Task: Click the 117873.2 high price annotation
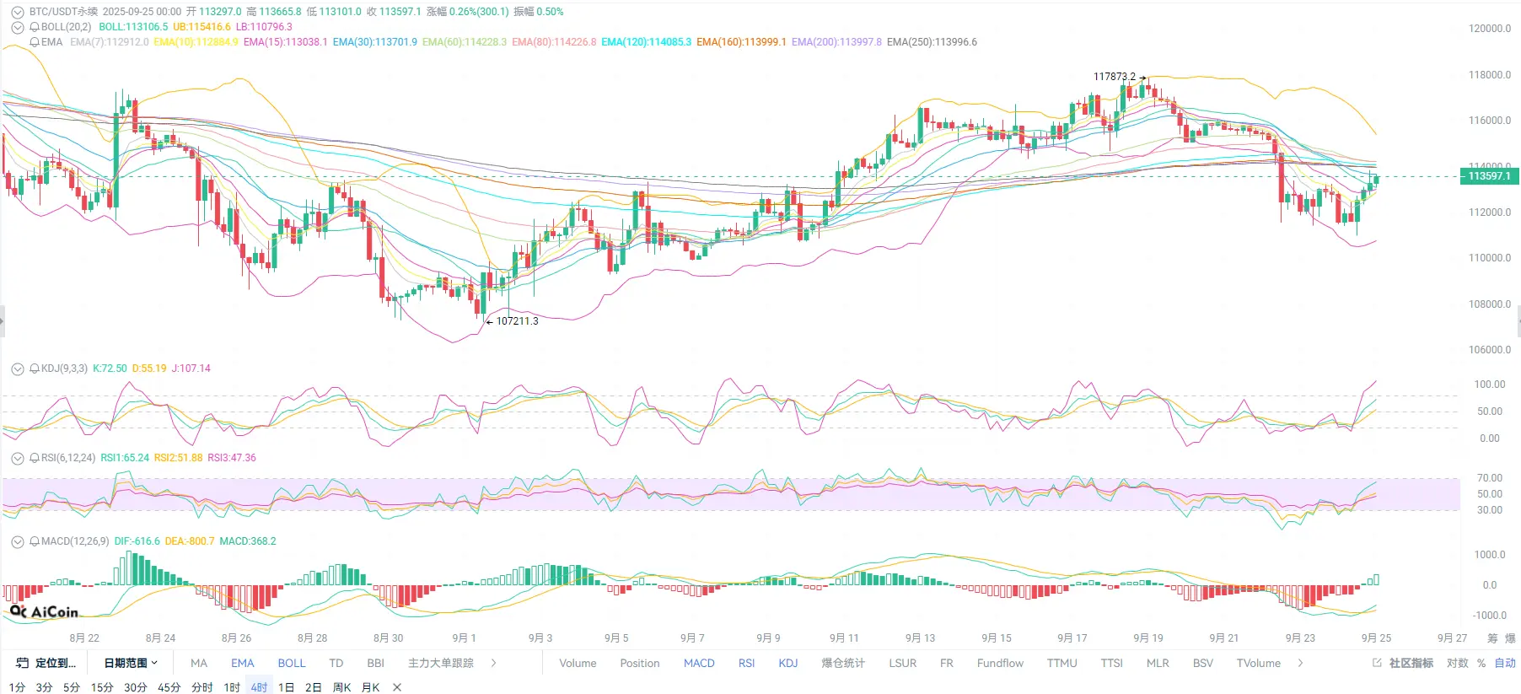click(x=1114, y=77)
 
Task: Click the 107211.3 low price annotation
click(x=516, y=321)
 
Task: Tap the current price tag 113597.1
click(x=1489, y=176)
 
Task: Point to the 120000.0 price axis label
click(x=1489, y=29)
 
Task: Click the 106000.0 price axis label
click(x=1489, y=350)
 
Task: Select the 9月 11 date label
click(x=843, y=638)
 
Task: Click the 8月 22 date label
click(x=84, y=638)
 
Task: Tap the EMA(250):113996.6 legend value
click(x=932, y=42)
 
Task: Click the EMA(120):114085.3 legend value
click(x=646, y=42)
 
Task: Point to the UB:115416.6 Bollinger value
click(x=202, y=27)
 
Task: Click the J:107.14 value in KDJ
click(x=191, y=369)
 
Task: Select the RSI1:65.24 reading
click(x=125, y=458)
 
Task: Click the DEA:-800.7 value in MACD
click(x=190, y=541)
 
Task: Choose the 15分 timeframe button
click(x=102, y=687)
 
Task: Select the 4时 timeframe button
click(x=259, y=687)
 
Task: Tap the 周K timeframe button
click(x=341, y=687)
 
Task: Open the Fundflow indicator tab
click(x=1000, y=664)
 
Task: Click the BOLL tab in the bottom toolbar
click(x=292, y=664)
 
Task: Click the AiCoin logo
click(x=44, y=612)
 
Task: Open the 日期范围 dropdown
click(x=131, y=664)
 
